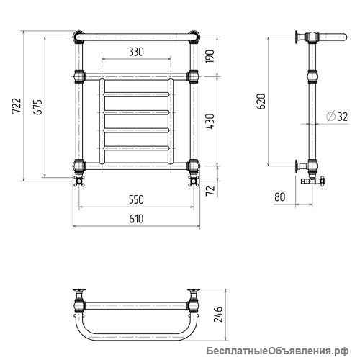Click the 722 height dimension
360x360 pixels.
coord(17,106)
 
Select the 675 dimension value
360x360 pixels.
coord(38,107)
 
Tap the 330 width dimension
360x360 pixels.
coord(136,52)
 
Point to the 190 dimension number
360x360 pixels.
coord(210,56)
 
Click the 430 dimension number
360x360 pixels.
coord(210,122)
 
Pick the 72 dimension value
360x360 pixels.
coord(210,191)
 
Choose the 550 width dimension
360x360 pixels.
coord(136,199)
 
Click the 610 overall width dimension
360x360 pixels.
coord(136,219)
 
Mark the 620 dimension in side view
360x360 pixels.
coord(261,102)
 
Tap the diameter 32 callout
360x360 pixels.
coord(337,117)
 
